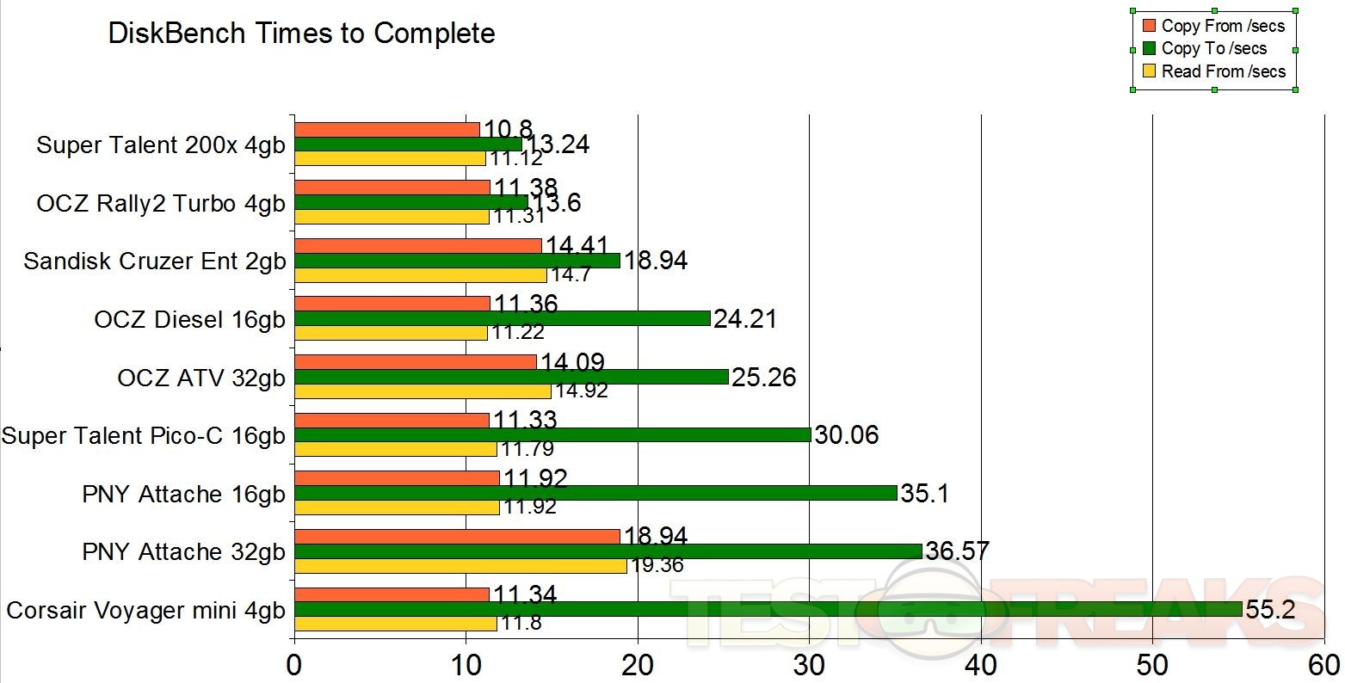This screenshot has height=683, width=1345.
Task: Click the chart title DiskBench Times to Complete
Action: pos(301,34)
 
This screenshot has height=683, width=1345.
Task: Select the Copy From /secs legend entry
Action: pos(1222,26)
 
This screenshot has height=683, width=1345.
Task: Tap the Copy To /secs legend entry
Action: pos(1213,49)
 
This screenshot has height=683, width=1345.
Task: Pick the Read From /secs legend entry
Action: pos(1223,71)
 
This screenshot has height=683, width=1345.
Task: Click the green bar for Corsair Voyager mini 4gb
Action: pos(768,610)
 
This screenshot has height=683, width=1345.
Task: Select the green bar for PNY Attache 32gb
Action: pos(608,551)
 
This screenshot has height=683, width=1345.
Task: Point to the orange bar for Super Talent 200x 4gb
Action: pos(387,130)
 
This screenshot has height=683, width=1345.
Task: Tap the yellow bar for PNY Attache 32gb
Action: pos(460,566)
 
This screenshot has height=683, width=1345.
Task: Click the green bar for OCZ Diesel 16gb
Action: pos(503,319)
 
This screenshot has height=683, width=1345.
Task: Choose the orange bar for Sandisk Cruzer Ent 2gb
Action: pos(418,246)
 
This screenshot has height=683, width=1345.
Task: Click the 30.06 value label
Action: pos(847,435)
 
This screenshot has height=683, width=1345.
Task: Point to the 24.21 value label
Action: pos(745,319)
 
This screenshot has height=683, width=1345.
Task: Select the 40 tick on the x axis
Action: pos(981,665)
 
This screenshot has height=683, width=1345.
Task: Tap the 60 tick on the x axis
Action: pos(1323,665)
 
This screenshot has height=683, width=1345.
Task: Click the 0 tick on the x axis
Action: pos(295,665)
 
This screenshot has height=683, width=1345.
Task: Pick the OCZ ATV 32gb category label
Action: pos(201,378)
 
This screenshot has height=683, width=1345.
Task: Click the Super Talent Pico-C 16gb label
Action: pos(143,436)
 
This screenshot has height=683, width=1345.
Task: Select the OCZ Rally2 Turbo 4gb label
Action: pos(161,203)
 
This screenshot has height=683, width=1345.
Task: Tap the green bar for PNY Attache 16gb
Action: pos(595,493)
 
